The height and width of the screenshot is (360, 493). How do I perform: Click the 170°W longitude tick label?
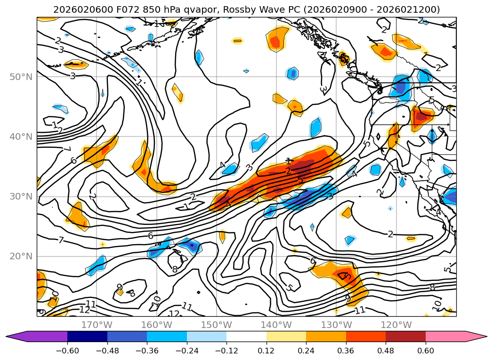point(97,325)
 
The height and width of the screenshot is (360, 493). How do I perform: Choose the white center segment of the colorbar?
point(246,336)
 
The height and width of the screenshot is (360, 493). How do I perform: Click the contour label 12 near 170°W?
point(85,310)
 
